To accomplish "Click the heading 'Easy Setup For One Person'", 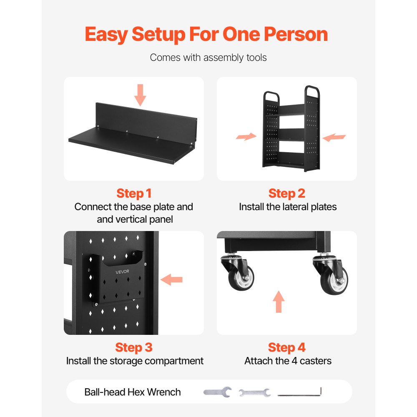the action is pyautogui.click(x=206, y=34).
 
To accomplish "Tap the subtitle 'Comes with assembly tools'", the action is pyautogui.click(x=208, y=58).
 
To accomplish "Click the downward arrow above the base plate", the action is pyautogui.click(x=140, y=95).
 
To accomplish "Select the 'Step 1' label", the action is pyautogui.click(x=134, y=193).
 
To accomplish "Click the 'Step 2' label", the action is pyautogui.click(x=287, y=193).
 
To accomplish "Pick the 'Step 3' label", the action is pyautogui.click(x=134, y=347).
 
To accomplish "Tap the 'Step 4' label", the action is pyautogui.click(x=287, y=347).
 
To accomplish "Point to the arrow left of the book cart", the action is pyautogui.click(x=246, y=136).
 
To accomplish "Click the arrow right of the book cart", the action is pyautogui.click(x=334, y=137).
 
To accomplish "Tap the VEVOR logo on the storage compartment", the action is pyautogui.click(x=122, y=271).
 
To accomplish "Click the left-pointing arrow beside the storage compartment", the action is pyautogui.click(x=171, y=279).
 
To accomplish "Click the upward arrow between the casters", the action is pyautogui.click(x=279, y=301).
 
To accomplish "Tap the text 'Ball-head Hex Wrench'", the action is pyautogui.click(x=133, y=392).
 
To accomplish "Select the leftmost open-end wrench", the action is pyautogui.click(x=217, y=392).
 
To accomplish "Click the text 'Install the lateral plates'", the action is pyautogui.click(x=288, y=207).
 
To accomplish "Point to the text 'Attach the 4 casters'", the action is pyautogui.click(x=288, y=361).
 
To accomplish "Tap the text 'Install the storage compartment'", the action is pyautogui.click(x=135, y=361).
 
